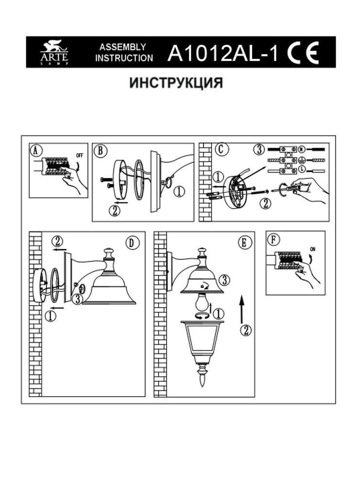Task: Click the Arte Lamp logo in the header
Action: (x=54, y=53)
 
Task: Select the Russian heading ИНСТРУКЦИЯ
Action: (x=176, y=83)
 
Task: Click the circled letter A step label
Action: (x=35, y=150)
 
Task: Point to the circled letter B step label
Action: (x=100, y=150)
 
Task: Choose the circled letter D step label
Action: (x=130, y=243)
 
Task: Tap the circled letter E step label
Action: (x=243, y=242)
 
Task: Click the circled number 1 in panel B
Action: (x=179, y=192)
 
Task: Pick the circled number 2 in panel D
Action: (x=58, y=241)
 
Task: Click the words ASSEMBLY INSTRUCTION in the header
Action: (x=124, y=53)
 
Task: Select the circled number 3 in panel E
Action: (x=224, y=280)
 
